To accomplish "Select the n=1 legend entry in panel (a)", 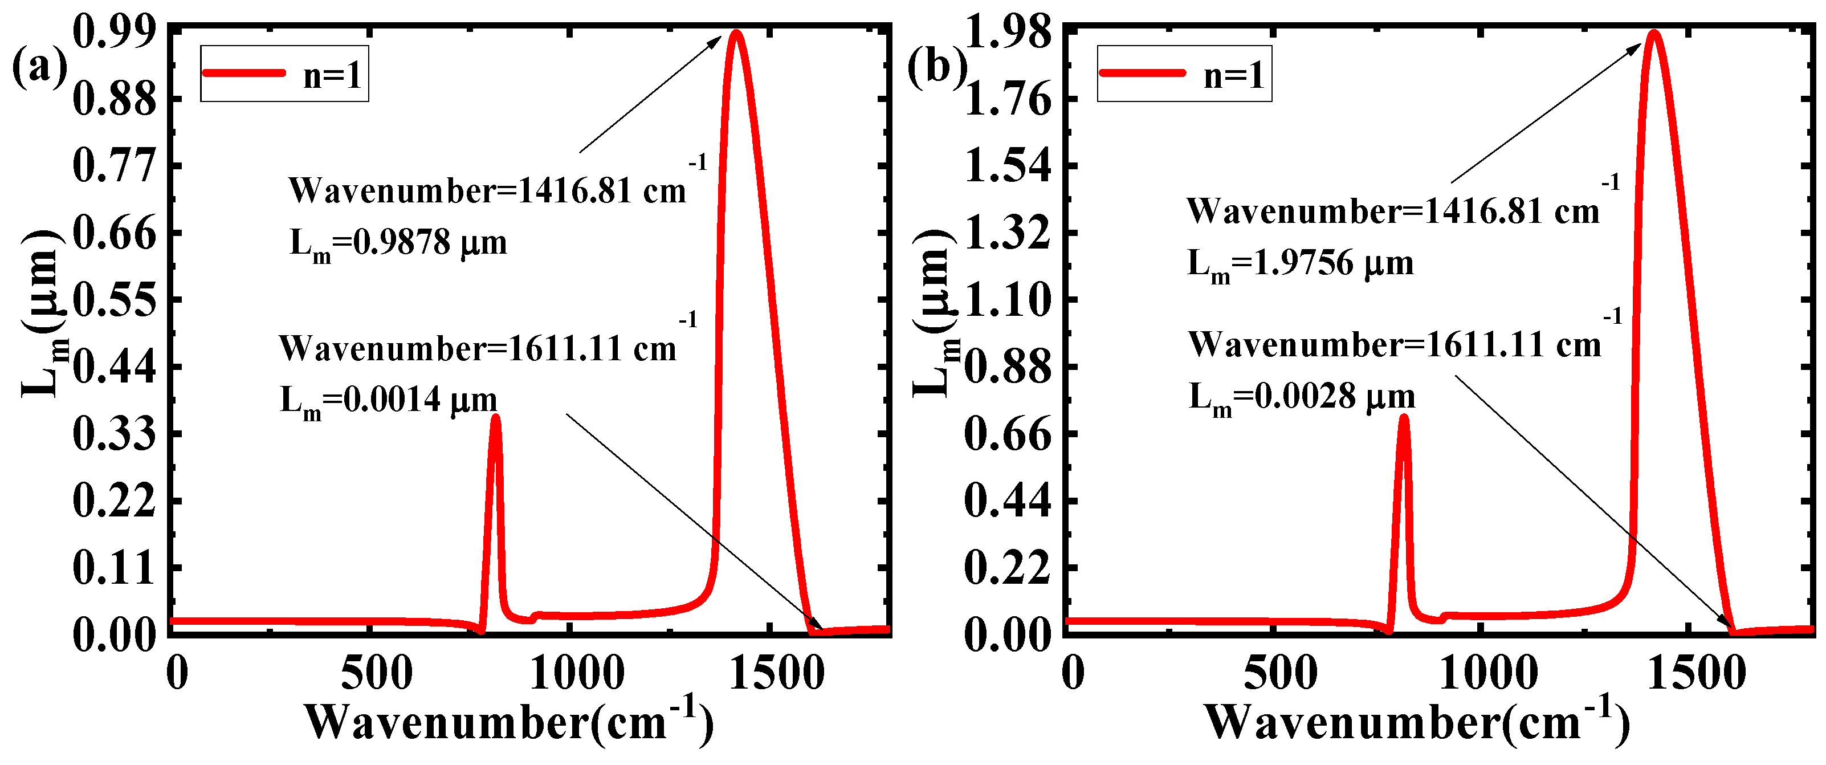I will [284, 74].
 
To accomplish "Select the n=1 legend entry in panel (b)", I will [1184, 74].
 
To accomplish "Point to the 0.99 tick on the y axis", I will [114, 32].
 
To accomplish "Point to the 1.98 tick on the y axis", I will [1008, 32].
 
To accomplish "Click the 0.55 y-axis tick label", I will [114, 300].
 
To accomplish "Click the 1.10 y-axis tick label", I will [1008, 300].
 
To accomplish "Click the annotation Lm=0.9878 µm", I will [398, 244].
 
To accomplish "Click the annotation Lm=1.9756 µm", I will [1300, 265].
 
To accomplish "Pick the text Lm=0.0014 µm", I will [389, 401].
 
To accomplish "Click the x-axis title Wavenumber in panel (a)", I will [509, 722].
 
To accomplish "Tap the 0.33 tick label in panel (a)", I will [114, 434].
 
